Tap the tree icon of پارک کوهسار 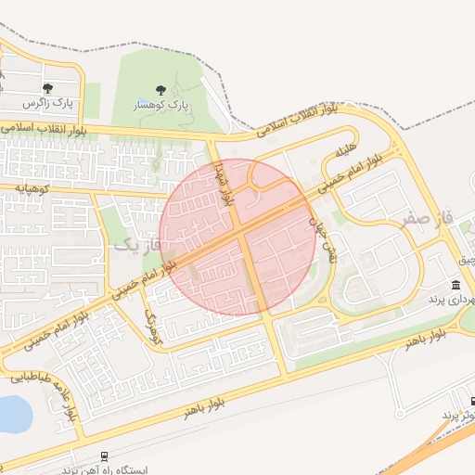(161, 90)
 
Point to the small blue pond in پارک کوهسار (142, 101)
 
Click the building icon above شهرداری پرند (456, 285)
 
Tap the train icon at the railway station (104, 456)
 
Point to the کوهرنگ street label (153, 327)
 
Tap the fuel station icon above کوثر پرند (473, 402)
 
